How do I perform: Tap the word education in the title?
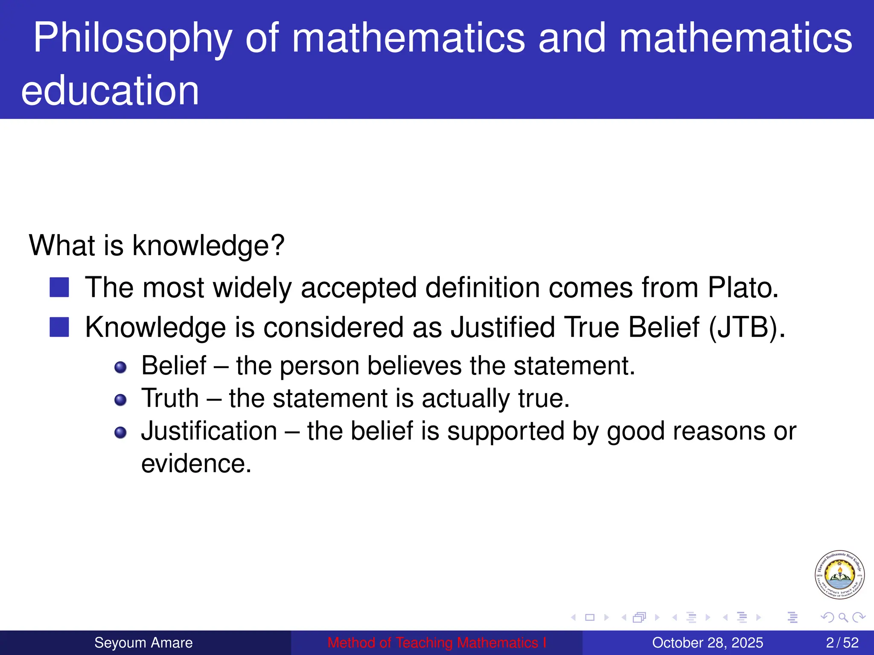pyautogui.click(x=110, y=90)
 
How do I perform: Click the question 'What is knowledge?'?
pyautogui.click(x=156, y=246)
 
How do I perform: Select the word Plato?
pyautogui.click(x=743, y=288)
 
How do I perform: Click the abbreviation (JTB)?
pyautogui.click(x=746, y=328)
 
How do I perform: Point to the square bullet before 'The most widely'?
pyautogui.click(x=59, y=287)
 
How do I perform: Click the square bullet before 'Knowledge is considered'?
pyautogui.click(x=59, y=327)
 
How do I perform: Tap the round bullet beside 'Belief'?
pyautogui.click(x=121, y=367)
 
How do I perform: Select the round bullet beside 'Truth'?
pyautogui.click(x=121, y=400)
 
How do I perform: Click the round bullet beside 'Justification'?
pyautogui.click(x=121, y=432)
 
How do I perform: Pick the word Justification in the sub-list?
pyautogui.click(x=209, y=431)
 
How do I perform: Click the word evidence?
pyautogui.click(x=196, y=464)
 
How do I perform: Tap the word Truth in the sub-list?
pyautogui.click(x=170, y=399)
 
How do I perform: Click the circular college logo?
pyautogui.click(x=839, y=574)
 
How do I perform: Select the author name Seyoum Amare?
pyautogui.click(x=143, y=643)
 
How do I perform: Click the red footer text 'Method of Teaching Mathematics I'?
pyautogui.click(x=437, y=643)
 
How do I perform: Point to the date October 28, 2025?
pyautogui.click(x=708, y=643)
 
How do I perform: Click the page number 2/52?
pyautogui.click(x=842, y=643)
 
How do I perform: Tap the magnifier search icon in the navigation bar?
pyautogui.click(x=843, y=617)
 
